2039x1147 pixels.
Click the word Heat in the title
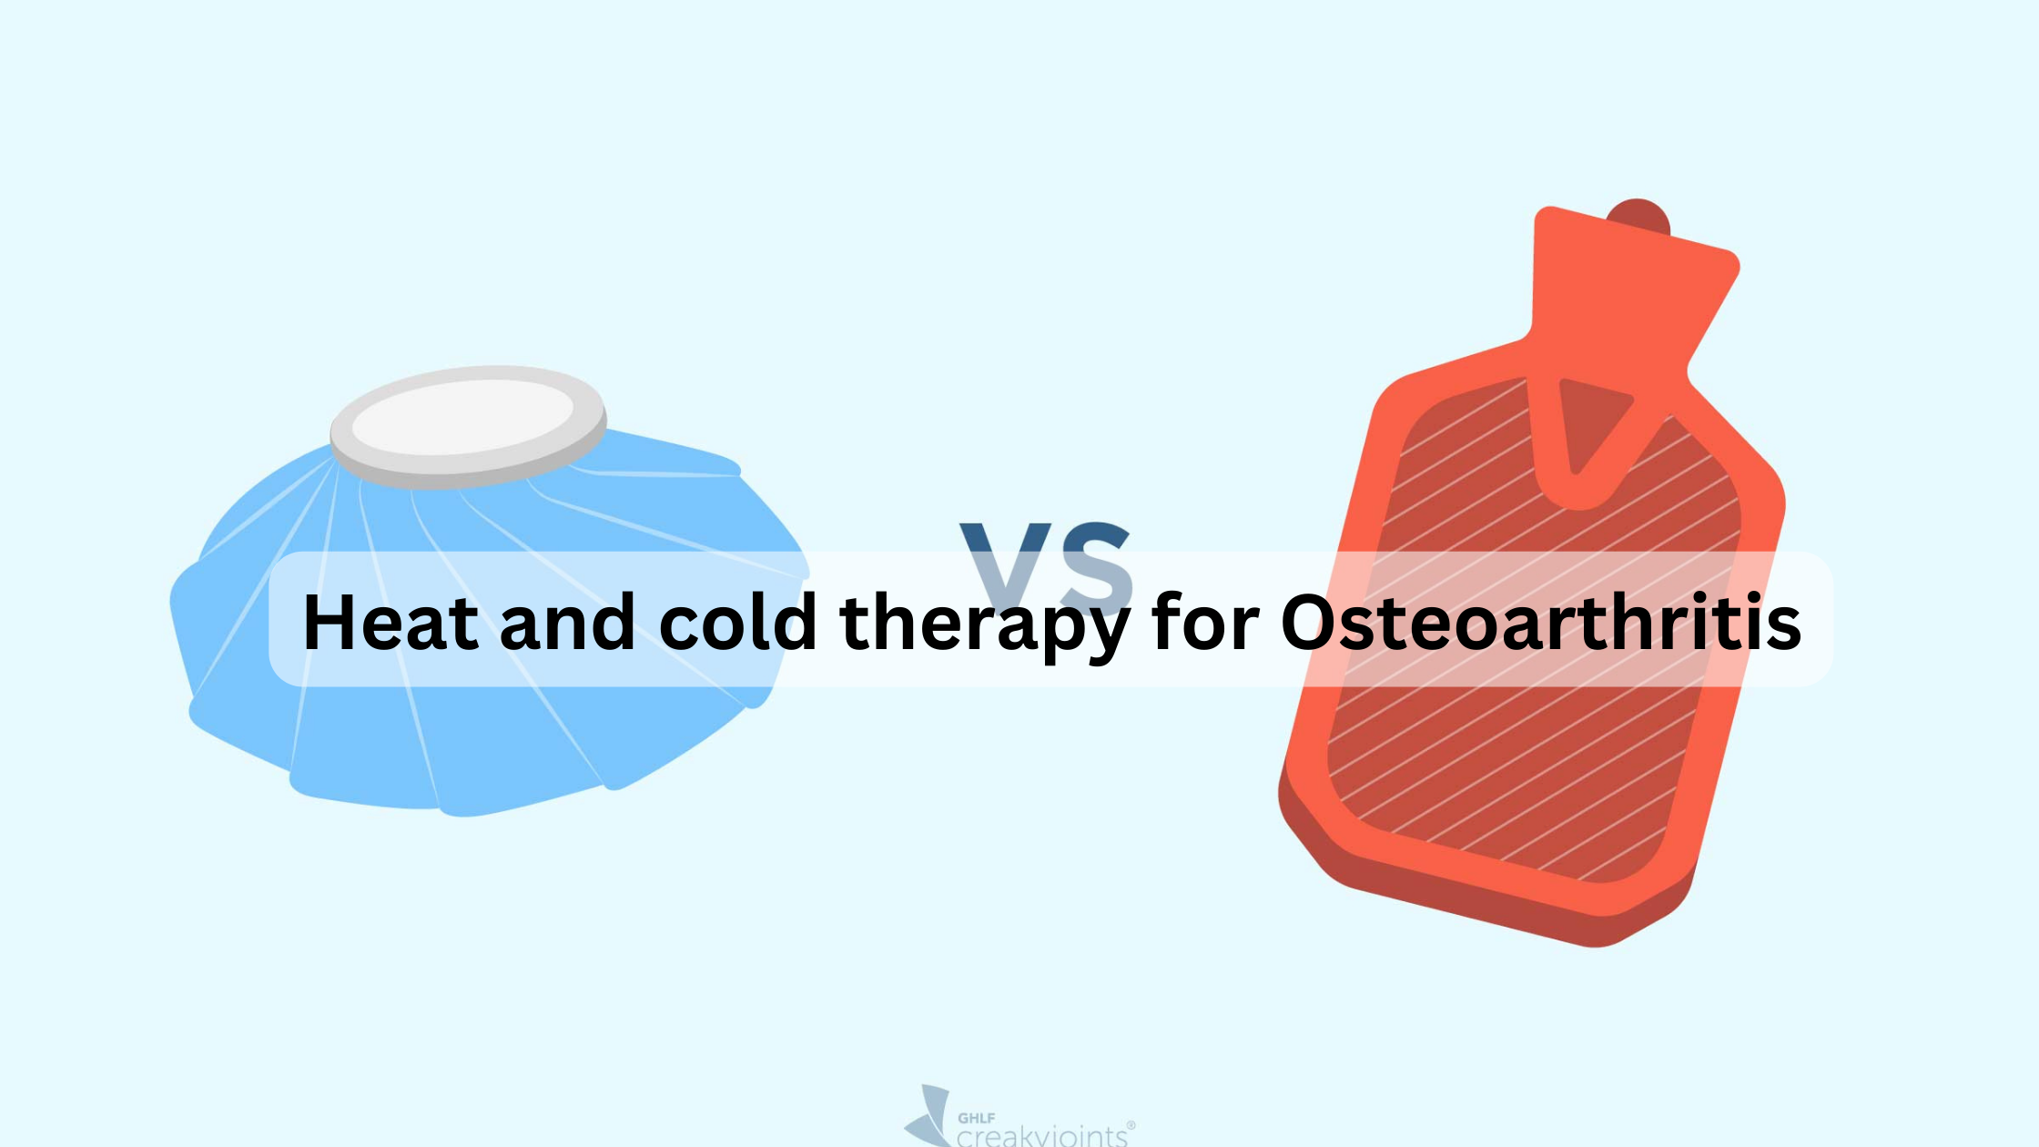391,623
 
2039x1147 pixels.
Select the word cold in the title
737,623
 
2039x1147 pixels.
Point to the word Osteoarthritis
1540,623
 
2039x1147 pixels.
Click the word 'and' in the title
567,623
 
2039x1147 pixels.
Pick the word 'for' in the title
1204,623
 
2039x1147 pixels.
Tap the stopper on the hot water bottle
1638,215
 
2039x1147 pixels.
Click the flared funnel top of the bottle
1629,282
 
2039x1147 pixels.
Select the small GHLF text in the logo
976,1118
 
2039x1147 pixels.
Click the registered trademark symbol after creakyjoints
1131,1125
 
